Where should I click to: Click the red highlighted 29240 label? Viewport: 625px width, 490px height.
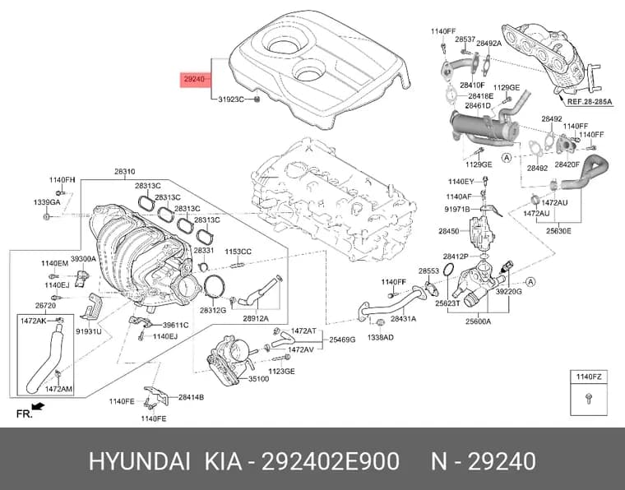pos(195,79)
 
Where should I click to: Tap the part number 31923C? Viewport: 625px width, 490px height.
pos(231,99)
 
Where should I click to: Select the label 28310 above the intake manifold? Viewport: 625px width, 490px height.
pos(125,172)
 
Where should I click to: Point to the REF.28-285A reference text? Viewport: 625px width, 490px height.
pos(589,102)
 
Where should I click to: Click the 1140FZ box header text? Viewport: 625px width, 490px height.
pos(589,377)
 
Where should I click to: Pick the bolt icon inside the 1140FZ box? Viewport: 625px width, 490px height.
pos(589,398)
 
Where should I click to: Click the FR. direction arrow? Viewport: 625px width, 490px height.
pos(39,407)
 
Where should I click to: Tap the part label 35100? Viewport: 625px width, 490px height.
pos(259,379)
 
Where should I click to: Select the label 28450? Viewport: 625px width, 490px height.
pos(449,231)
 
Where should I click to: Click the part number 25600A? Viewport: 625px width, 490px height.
pos(479,321)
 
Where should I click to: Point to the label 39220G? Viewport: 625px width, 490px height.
pos(508,292)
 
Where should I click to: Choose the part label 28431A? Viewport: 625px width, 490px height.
pos(404,318)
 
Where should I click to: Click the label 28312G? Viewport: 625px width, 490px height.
pos(213,310)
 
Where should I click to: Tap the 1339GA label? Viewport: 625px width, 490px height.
pos(47,202)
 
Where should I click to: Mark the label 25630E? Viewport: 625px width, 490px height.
pos(558,231)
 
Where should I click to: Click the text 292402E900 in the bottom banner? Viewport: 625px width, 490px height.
pos(330,462)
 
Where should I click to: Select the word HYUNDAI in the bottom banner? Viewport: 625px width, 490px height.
pos(139,462)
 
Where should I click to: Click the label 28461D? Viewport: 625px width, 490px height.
pos(478,106)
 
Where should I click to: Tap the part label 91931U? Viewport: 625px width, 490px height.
pos(89,331)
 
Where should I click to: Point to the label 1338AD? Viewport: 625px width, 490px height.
pos(381,337)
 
